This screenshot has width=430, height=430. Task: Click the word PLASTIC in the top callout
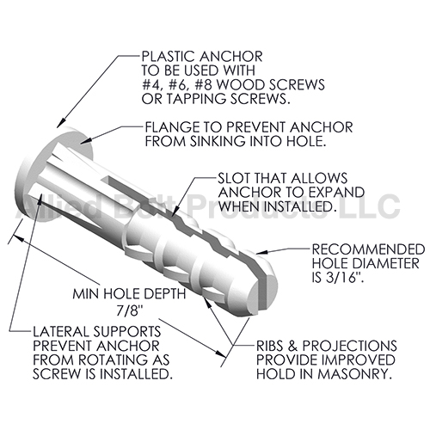pos(169,57)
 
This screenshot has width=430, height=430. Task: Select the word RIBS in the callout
pos(271,346)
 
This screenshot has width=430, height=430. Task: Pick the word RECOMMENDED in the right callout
pos(368,249)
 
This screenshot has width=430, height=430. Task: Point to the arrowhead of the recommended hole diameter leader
pos(261,252)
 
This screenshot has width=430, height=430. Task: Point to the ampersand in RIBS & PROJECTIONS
pos(293,346)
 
